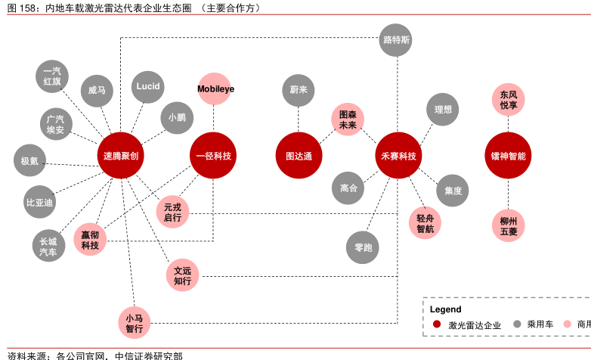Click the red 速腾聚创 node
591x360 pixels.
pos(121,156)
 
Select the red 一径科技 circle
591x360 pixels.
pos(213,156)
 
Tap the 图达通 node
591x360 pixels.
pos(299,156)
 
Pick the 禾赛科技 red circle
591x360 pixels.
pos(398,156)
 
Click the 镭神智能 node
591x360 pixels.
pos(508,156)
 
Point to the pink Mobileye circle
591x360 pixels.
pos(215,89)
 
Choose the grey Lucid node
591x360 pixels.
pos(148,87)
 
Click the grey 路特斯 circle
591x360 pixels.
pos(397,40)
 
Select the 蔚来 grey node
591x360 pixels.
pos(299,90)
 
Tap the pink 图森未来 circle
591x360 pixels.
pos(348,119)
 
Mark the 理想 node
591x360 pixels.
pos(443,110)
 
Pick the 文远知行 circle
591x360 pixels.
pos(182,275)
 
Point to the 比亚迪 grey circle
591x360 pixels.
pos(40,202)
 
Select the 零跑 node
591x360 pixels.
pos(363,247)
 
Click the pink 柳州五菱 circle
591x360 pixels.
pos(508,226)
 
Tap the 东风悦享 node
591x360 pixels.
pos(508,100)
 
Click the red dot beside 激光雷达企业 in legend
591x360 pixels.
pos(436,324)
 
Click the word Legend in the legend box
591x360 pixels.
pos(445,309)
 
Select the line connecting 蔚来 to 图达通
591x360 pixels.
pos(299,119)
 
